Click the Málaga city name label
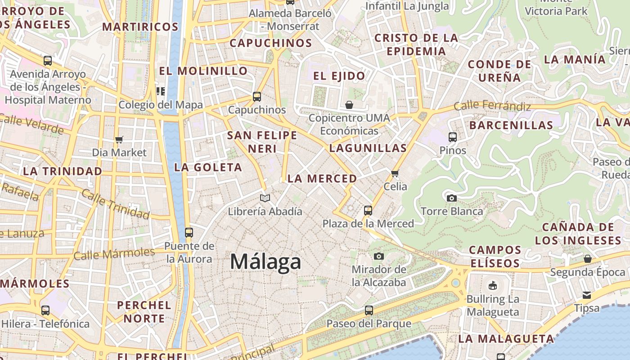click(265, 262)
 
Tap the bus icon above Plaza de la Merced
click(368, 210)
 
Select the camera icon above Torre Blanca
click(451, 198)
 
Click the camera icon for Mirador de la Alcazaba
click(379, 256)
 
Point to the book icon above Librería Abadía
click(265, 198)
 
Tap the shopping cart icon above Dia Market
click(119, 139)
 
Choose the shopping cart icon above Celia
click(395, 173)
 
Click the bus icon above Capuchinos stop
click(256, 96)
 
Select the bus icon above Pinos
click(453, 137)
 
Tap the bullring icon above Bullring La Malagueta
click(492, 285)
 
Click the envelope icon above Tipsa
click(587, 295)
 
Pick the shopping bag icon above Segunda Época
click(588, 259)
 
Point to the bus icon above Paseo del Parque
click(369, 310)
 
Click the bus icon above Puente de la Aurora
click(189, 233)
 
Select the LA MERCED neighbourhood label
click(322, 179)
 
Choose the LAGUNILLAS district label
click(368, 148)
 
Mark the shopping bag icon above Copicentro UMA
click(349, 105)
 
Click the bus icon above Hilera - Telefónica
click(45, 310)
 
